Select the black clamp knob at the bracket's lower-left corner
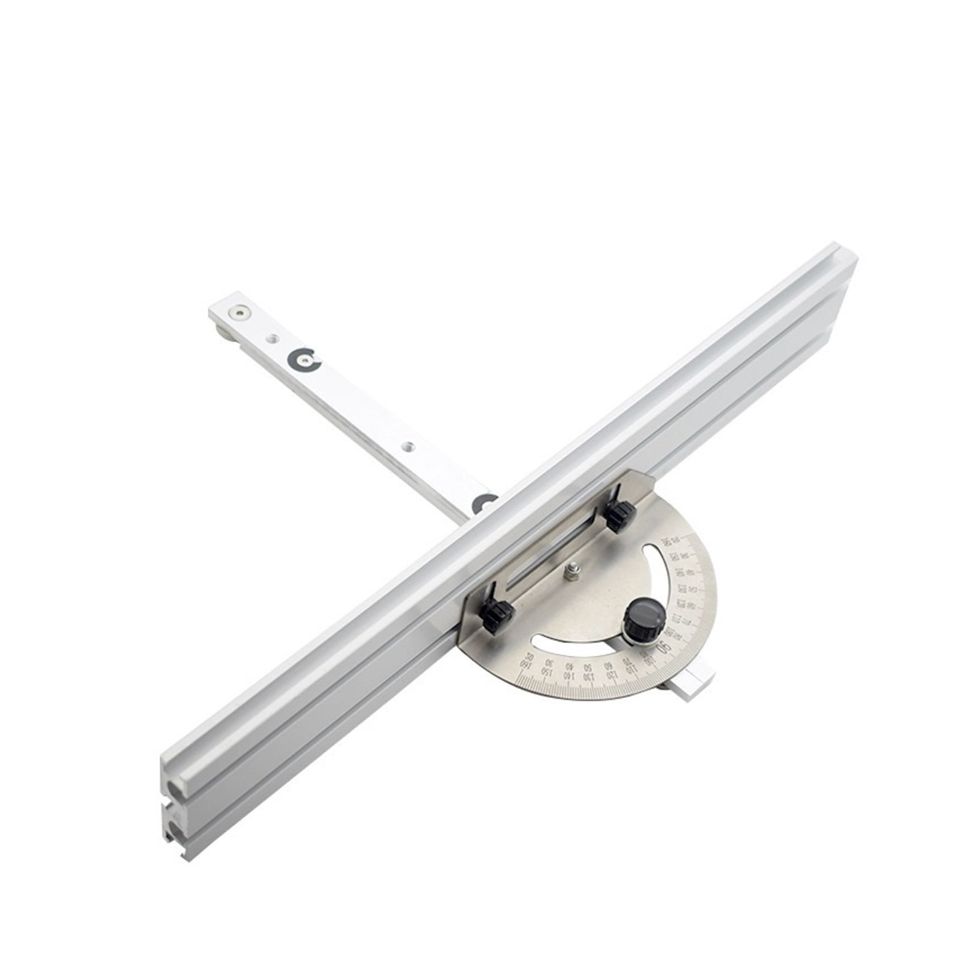pos(496,615)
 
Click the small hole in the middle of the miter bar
pos(408,446)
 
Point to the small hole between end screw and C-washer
pos(272,338)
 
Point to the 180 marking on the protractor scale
pos(527,666)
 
